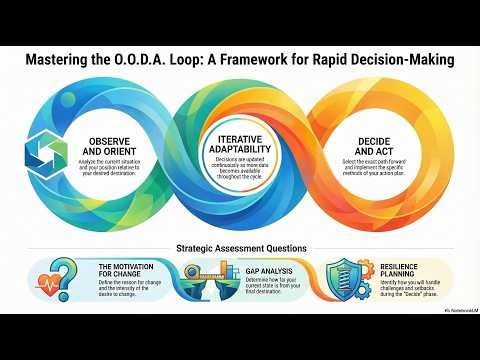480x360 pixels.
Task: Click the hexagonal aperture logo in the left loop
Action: (x=41, y=153)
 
